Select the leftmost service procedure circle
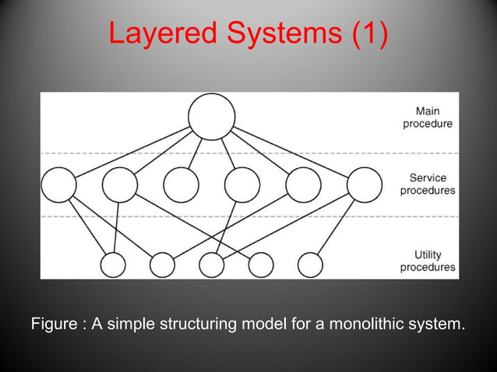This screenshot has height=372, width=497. pyautogui.click(x=59, y=185)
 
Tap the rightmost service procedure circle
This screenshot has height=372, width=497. pyautogui.click(x=365, y=185)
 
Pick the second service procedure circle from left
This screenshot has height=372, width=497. pyautogui.click(x=120, y=185)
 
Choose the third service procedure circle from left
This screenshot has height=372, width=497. pyautogui.click(x=181, y=185)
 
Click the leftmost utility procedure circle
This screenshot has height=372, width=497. pyautogui.click(x=113, y=265)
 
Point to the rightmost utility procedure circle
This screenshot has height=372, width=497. pyautogui.click(x=310, y=265)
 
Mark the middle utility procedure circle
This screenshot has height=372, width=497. pyautogui.click(x=211, y=265)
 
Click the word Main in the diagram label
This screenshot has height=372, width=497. pyautogui.click(x=428, y=111)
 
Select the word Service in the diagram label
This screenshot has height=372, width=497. pyautogui.click(x=428, y=177)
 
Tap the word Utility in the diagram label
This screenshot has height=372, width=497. pyautogui.click(x=428, y=254)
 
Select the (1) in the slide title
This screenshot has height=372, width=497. pyautogui.click(x=366, y=33)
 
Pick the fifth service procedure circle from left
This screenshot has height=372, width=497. pyautogui.click(x=303, y=185)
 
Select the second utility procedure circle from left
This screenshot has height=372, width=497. pyautogui.click(x=162, y=265)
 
